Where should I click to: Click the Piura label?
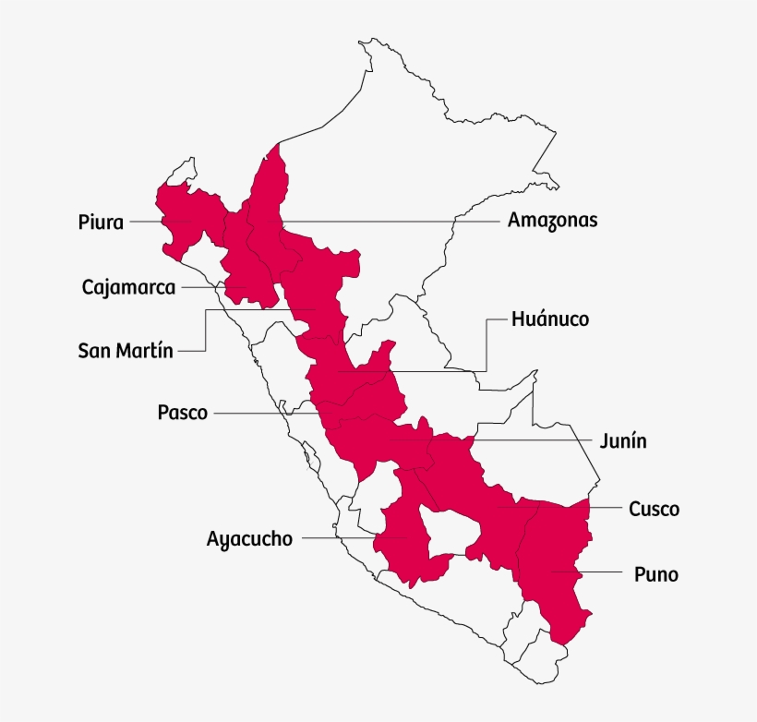[x=101, y=222]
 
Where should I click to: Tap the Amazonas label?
[x=552, y=221]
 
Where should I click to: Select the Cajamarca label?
[x=128, y=287]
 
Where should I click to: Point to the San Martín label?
[x=126, y=351]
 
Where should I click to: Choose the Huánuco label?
[x=550, y=319]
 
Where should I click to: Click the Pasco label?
[x=183, y=413]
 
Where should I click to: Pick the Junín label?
[x=623, y=441]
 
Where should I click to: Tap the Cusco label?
[x=654, y=509]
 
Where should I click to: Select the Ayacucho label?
[x=250, y=538]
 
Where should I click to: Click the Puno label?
[x=656, y=575]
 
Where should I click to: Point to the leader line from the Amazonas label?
[x=388, y=221]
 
